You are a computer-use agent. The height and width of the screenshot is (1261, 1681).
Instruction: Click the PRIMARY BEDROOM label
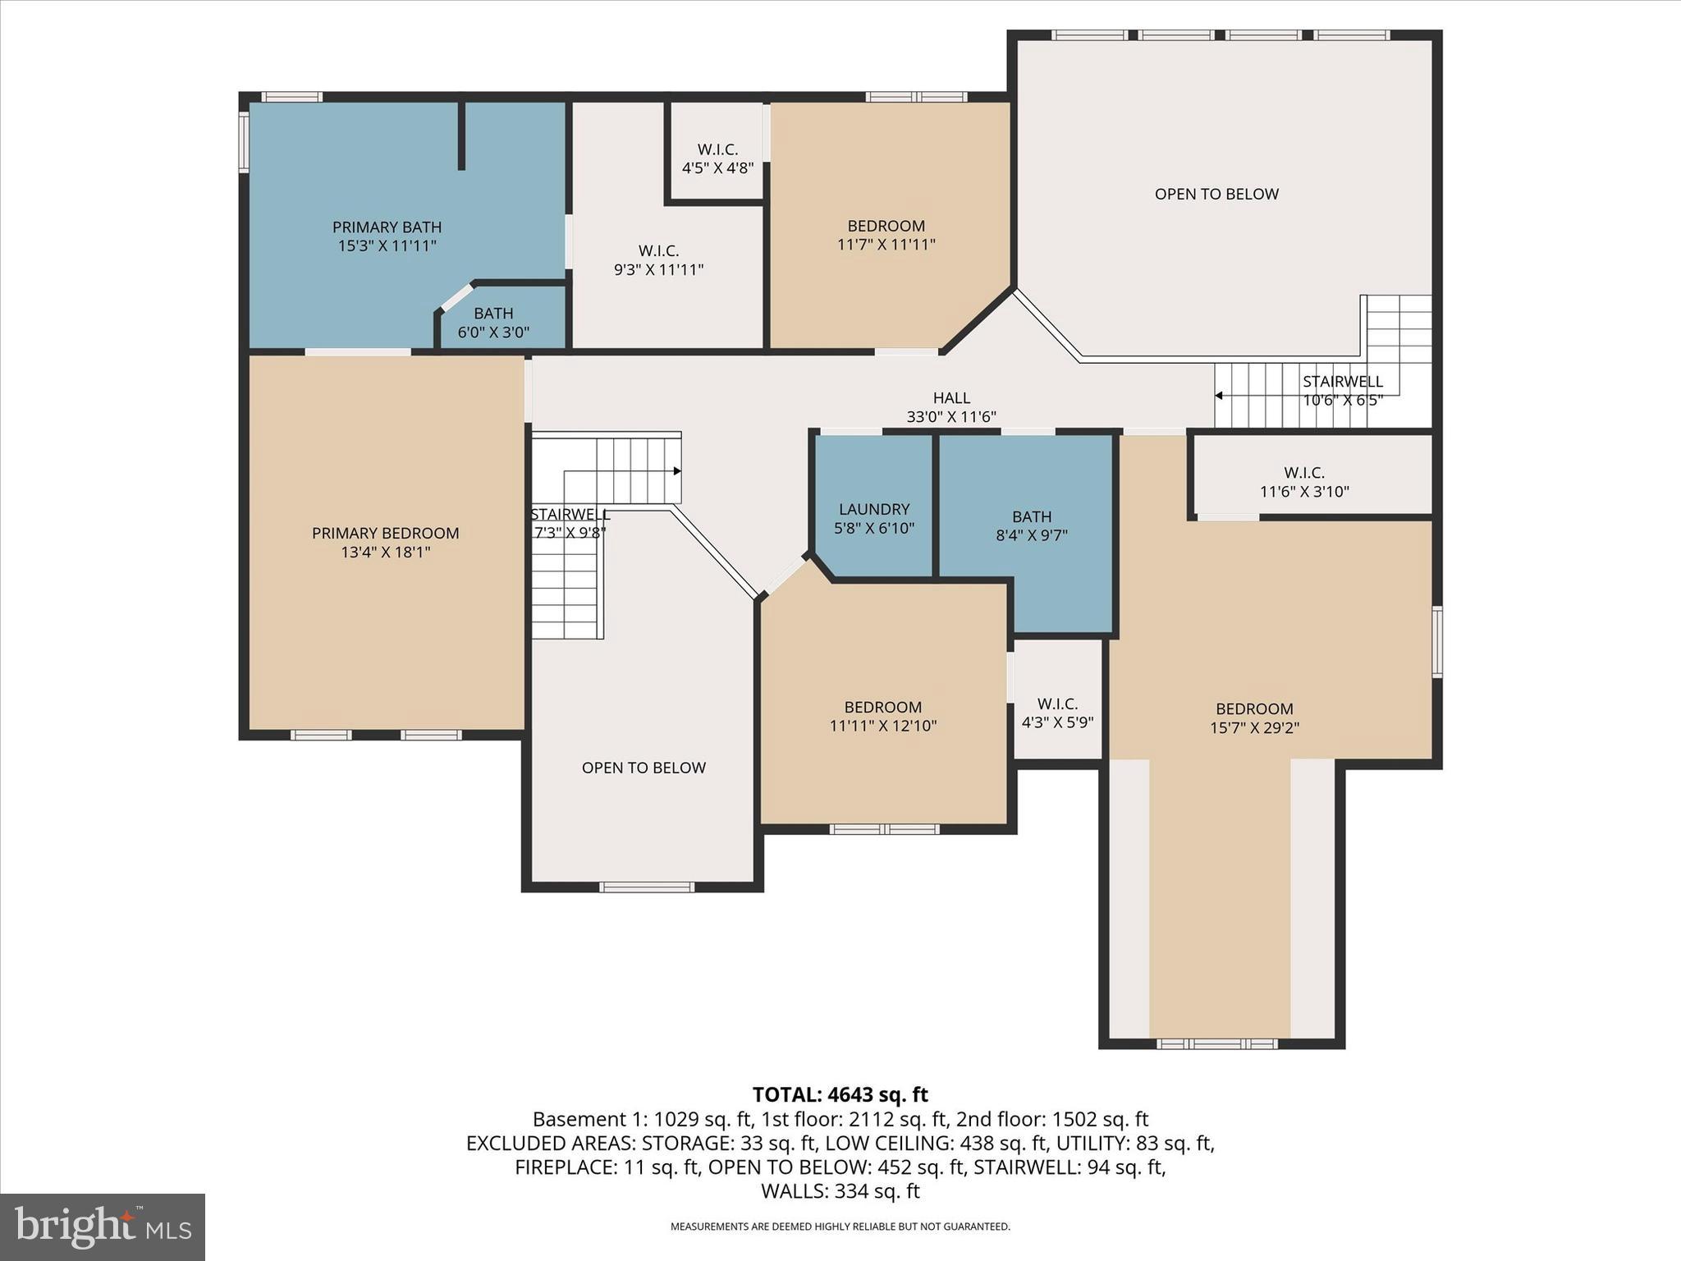pos(385,534)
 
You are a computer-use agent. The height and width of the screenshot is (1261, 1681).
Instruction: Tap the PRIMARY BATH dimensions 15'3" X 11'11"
pos(387,245)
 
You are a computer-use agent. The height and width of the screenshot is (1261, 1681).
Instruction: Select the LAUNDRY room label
pos(874,509)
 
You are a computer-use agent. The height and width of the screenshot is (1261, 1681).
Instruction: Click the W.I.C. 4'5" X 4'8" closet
pos(717,158)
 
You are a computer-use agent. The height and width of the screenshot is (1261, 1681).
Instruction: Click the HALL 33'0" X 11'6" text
pos(951,407)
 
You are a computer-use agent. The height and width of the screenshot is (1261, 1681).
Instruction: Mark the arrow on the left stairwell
pos(676,471)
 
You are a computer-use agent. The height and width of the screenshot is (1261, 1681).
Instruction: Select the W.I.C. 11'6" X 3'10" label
pos(1304,482)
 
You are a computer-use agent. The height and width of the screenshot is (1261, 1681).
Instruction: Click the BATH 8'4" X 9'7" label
pos(1031,526)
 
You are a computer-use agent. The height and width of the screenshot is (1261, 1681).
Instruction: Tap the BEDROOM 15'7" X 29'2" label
pos(1254,718)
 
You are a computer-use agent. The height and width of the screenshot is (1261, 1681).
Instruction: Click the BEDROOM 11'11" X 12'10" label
pos(883,716)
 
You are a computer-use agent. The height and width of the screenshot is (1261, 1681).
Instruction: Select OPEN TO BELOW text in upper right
pos(1216,195)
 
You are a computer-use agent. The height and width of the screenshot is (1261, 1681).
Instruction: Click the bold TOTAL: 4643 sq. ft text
pos(840,1094)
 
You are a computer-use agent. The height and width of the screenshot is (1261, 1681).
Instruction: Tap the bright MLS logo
pos(103,1227)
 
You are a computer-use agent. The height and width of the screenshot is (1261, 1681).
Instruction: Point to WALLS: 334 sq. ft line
pos(840,1191)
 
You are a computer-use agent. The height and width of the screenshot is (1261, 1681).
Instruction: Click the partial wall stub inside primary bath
pos(461,135)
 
